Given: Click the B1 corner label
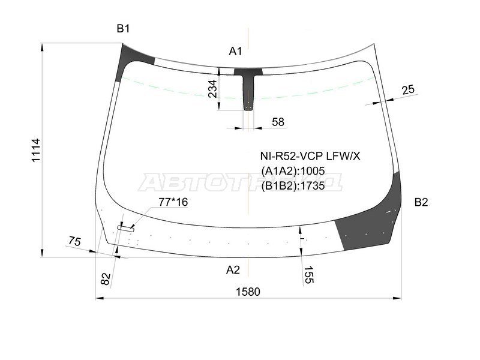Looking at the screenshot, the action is point(123,29).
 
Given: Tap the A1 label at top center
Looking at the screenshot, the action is point(235,51).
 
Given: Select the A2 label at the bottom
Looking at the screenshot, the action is point(233,270).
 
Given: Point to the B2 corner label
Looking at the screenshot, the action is point(421,202).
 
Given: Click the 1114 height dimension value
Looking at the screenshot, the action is point(36,151).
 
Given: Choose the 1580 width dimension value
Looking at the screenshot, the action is point(248,292).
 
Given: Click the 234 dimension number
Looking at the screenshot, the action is point(212,89).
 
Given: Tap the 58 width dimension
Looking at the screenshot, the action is point(278,122).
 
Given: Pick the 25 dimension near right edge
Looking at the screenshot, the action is point(408,89).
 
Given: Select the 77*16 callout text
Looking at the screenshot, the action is point(173,202).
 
